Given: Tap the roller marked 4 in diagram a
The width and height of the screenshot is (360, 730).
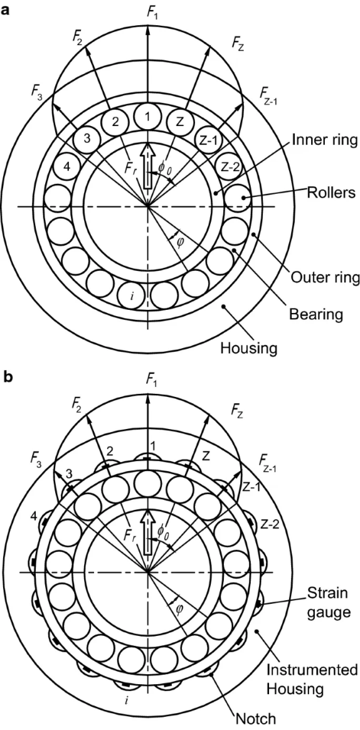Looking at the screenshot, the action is (67, 166).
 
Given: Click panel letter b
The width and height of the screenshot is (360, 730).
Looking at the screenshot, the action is (7, 376).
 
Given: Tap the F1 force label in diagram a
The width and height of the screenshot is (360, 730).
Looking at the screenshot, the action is (152, 13).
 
